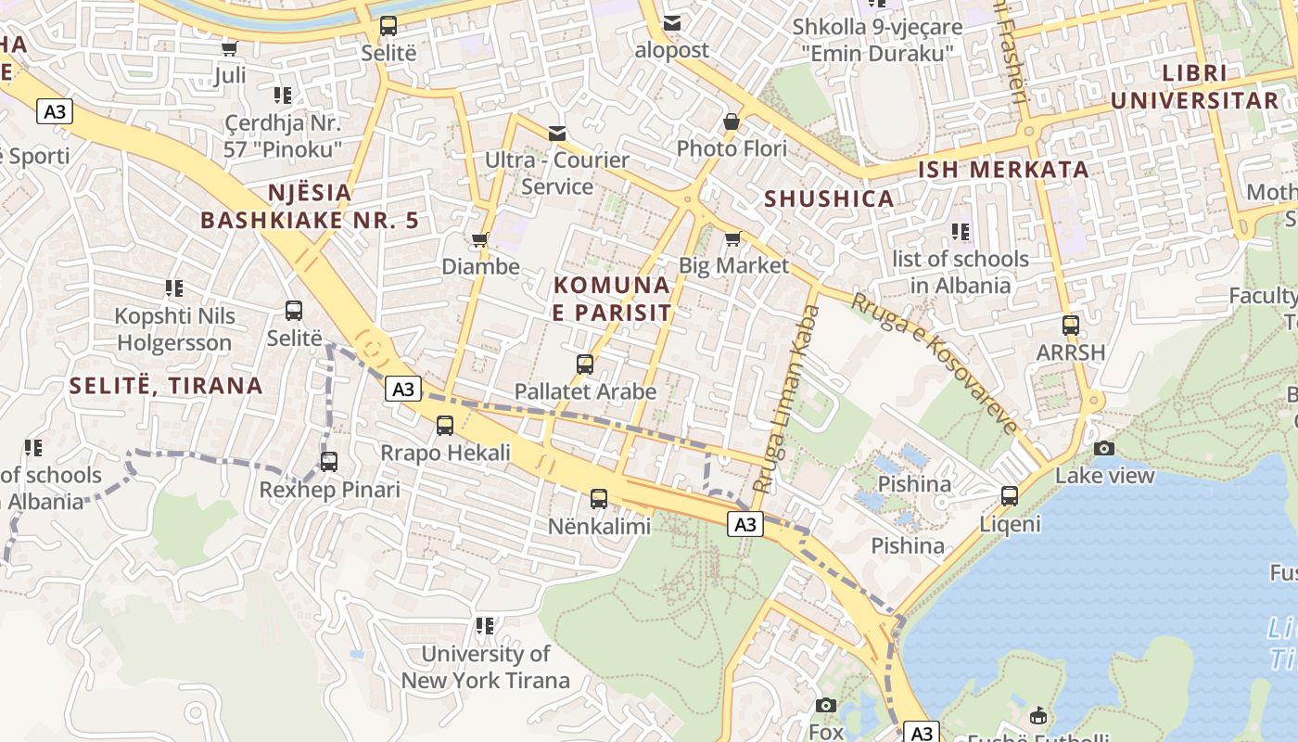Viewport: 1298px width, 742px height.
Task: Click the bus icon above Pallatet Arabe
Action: (585, 365)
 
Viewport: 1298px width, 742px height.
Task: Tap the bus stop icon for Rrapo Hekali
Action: (445, 426)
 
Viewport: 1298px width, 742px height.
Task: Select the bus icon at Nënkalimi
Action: (599, 499)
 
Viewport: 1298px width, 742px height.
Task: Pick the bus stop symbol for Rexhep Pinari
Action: (329, 462)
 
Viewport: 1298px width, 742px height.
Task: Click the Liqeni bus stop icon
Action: (1010, 496)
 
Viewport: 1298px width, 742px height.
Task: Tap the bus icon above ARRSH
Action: (1071, 326)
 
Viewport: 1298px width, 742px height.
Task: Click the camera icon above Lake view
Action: (1104, 449)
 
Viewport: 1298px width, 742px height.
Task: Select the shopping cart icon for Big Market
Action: (732, 239)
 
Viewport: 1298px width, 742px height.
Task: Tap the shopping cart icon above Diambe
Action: (479, 240)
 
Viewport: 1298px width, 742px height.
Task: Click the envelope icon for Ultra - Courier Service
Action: (556, 134)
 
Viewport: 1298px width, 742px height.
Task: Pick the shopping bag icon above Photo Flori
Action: (732, 122)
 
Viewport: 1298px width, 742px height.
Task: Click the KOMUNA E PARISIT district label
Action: (611, 299)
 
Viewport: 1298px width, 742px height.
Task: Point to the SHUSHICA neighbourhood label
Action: (829, 198)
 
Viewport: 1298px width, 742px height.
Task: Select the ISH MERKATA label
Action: (1003, 170)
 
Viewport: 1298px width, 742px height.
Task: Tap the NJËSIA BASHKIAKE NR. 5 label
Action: (310, 206)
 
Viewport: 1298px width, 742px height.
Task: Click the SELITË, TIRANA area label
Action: (167, 386)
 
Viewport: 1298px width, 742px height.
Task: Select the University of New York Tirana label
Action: (485, 667)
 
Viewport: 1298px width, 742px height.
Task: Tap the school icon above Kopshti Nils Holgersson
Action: (174, 288)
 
